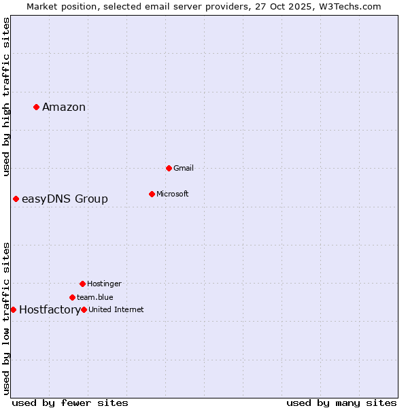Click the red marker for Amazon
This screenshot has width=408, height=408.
[x=36, y=107]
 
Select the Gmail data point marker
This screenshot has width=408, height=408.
[x=169, y=168]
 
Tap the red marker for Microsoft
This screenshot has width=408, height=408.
[x=152, y=194]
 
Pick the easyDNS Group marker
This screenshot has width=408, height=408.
[x=16, y=199]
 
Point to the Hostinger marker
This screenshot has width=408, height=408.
[x=82, y=284]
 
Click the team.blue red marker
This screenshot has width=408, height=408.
[x=72, y=297]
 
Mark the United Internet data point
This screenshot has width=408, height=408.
[x=84, y=309]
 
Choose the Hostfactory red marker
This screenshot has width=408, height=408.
[x=13, y=309]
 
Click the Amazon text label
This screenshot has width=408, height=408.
[x=64, y=107]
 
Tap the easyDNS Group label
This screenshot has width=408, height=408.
[x=65, y=199]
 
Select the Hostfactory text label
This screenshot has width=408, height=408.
[x=50, y=310]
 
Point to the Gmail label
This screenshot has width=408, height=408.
[x=184, y=168]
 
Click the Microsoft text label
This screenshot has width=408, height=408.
[x=173, y=194]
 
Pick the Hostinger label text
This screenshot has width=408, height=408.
[x=104, y=284]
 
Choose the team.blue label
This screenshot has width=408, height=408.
[x=95, y=297]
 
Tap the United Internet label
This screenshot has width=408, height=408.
[x=116, y=309]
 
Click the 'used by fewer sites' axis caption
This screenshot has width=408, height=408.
[x=70, y=403]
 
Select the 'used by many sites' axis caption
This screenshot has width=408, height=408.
[x=341, y=403]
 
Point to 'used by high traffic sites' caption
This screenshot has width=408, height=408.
[x=7, y=97]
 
